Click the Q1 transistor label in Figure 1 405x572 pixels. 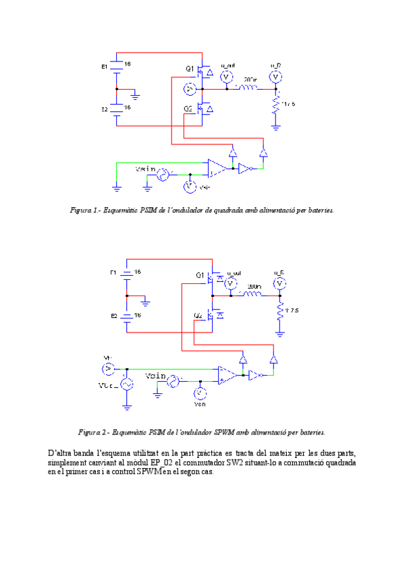(190, 68)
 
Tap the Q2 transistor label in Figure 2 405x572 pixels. (198, 316)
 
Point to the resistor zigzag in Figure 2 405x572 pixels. (280, 311)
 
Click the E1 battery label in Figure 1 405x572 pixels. (104, 67)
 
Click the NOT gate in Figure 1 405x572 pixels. (244, 169)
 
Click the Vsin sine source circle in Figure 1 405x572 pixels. (163, 175)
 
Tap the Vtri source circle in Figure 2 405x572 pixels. (126, 384)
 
